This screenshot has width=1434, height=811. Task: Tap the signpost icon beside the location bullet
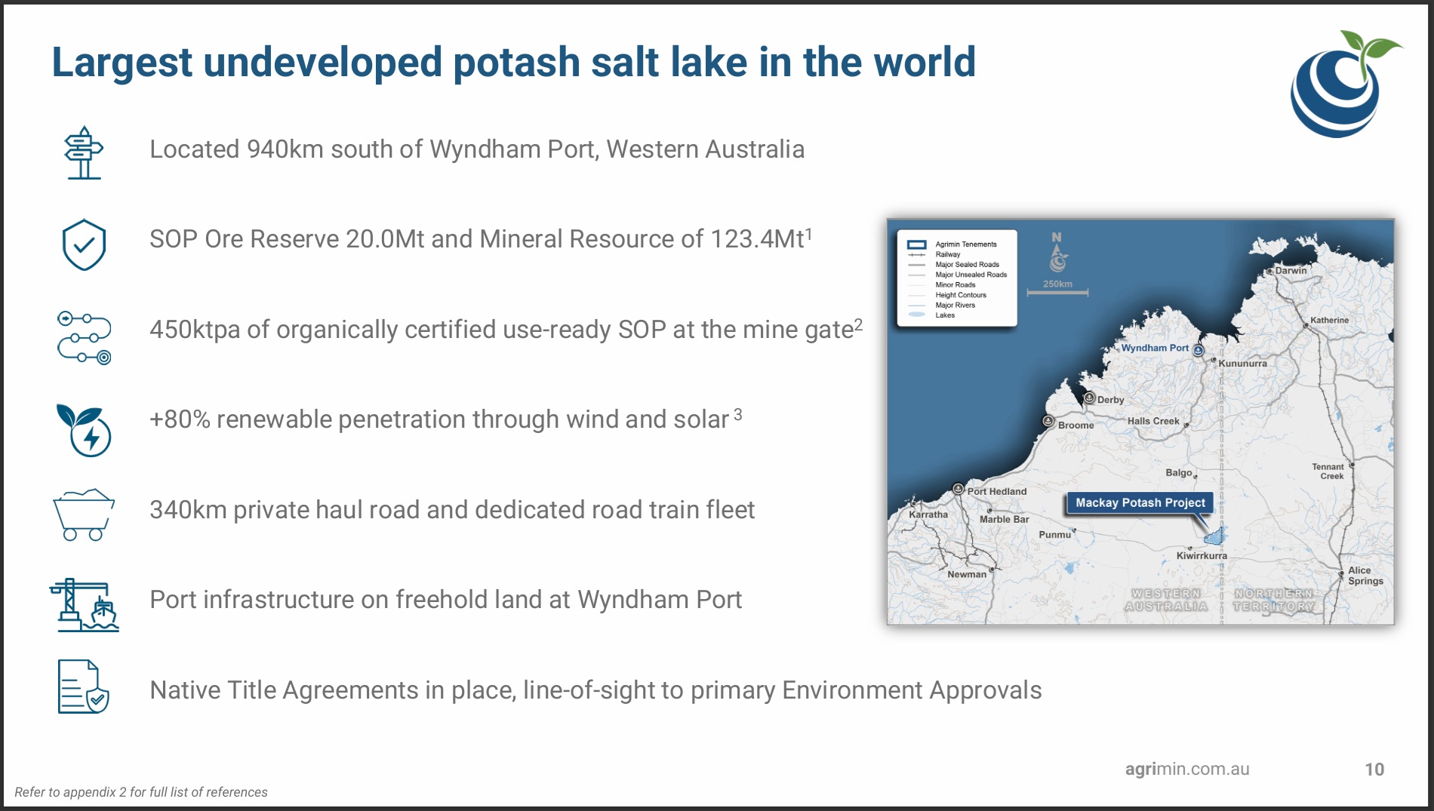click(84, 152)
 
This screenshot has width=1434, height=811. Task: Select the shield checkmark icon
click(84, 244)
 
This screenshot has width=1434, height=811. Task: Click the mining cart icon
click(84, 515)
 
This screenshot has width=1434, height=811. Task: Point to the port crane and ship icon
click(84, 604)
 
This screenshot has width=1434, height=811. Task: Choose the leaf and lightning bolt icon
click(84, 430)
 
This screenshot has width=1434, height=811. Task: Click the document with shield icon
click(84, 687)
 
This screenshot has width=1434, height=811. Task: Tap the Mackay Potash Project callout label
click(1140, 503)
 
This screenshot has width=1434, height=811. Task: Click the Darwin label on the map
click(1291, 270)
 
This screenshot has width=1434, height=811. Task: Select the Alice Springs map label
click(1365, 576)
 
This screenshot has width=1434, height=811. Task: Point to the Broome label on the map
click(1075, 425)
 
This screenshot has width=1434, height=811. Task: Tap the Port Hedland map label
click(997, 491)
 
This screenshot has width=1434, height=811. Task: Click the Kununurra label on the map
click(1242, 364)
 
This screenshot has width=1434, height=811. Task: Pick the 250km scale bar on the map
click(1057, 293)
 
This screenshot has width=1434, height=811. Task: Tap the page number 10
click(1374, 770)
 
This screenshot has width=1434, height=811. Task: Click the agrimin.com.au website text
click(1187, 769)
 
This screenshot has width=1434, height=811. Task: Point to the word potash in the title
click(516, 63)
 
